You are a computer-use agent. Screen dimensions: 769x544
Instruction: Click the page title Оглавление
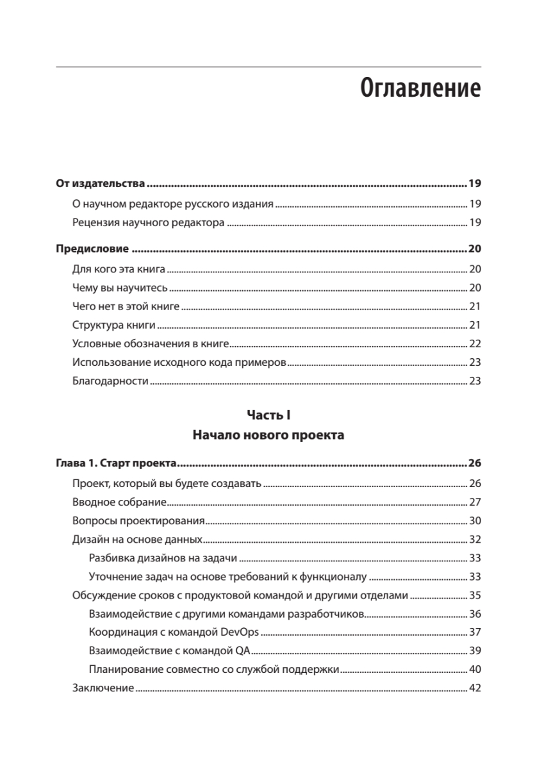420,88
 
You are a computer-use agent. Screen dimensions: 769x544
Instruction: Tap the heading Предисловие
92,249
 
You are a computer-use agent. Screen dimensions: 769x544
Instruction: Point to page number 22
475,343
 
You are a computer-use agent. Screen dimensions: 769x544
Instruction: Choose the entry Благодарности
110,381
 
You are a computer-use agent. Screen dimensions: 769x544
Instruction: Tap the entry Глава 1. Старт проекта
116,463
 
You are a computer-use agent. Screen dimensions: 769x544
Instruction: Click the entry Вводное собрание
110,502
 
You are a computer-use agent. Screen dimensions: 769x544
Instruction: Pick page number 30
475,521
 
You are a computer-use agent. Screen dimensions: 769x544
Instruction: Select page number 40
475,670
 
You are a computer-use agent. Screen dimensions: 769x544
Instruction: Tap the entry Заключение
103,689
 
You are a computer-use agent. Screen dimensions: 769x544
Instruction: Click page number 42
475,689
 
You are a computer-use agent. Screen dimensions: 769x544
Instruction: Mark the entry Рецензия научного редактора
149,223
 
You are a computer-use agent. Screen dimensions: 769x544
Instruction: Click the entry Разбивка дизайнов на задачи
163,558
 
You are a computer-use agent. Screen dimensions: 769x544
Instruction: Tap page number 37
475,633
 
